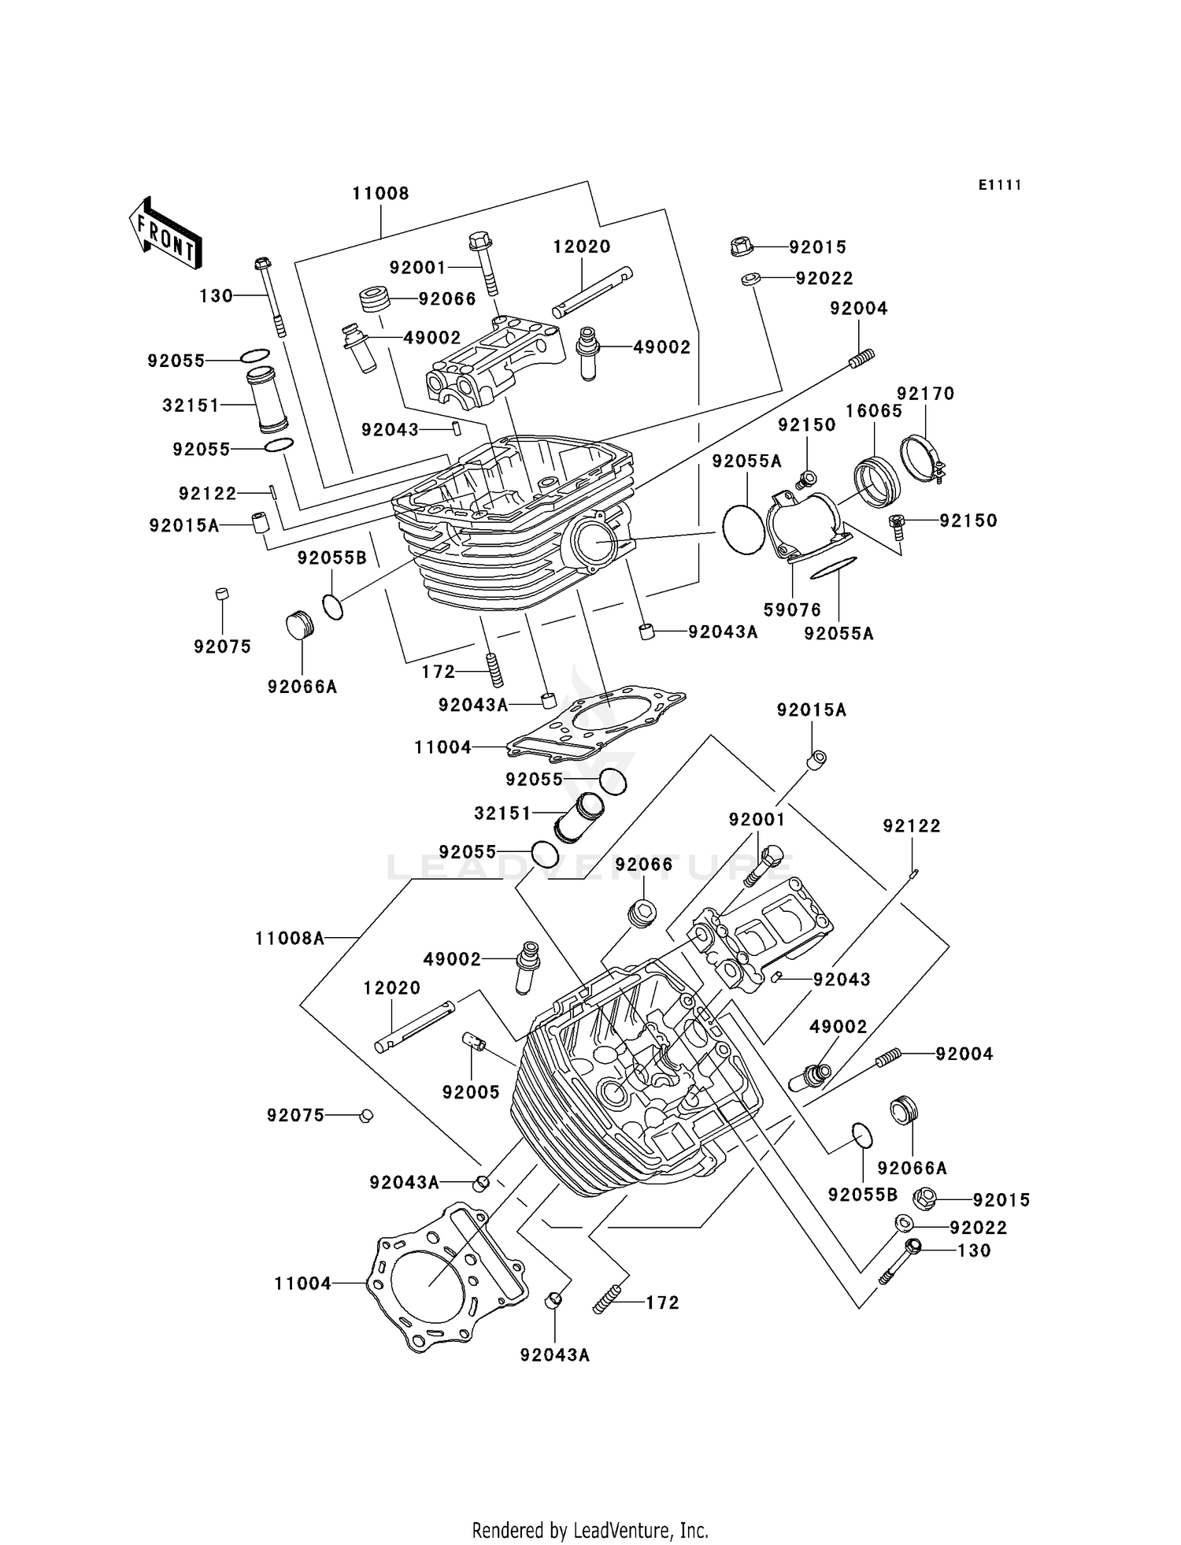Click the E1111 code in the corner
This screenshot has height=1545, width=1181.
point(1000,184)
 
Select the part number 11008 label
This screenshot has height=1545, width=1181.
point(380,194)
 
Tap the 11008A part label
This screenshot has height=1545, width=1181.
point(290,938)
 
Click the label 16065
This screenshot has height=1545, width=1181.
point(874,410)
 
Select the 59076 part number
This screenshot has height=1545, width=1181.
point(792,609)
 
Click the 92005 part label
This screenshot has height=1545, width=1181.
point(471,1091)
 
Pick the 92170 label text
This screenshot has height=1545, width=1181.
point(926,393)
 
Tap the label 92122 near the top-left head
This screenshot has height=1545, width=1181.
point(208,494)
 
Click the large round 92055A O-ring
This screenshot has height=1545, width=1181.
point(744,529)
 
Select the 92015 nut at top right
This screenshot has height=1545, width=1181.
point(740,246)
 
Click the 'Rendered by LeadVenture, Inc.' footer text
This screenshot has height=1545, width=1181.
point(590,1530)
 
